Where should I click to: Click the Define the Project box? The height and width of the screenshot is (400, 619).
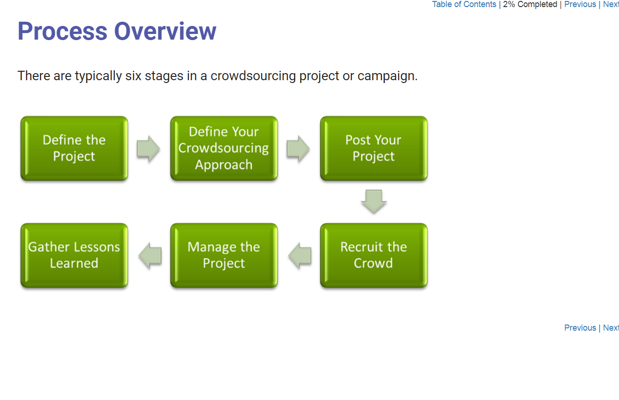tap(74, 148)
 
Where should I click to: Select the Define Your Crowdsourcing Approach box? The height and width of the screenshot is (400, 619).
tap(224, 148)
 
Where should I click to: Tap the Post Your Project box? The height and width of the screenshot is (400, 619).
tap(373, 148)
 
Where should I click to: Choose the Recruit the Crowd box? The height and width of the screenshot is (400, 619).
tap(373, 255)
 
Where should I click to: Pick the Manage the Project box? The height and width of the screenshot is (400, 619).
tap(224, 255)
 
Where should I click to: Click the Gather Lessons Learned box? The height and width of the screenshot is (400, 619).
tap(74, 255)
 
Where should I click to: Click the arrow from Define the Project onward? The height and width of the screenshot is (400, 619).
tap(148, 149)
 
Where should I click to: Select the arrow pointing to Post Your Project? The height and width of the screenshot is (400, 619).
tap(298, 149)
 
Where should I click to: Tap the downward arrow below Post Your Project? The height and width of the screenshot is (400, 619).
tap(373, 201)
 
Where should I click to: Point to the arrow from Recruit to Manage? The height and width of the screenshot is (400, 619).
tap(300, 256)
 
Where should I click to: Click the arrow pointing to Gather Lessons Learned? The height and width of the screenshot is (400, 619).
tap(150, 256)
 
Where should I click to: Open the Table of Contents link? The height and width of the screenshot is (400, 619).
tap(464, 4)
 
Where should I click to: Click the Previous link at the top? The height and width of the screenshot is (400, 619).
tap(580, 4)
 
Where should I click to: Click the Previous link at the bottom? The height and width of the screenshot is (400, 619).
tap(580, 328)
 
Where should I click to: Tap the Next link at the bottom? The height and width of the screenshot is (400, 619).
tap(611, 328)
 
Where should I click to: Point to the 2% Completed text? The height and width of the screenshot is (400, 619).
tap(530, 4)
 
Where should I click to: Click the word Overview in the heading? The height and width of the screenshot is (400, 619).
tap(165, 31)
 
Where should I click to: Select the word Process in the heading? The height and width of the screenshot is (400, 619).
tap(62, 31)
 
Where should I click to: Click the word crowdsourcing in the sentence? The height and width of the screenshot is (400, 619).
tap(253, 76)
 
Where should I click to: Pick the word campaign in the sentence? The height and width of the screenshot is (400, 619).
tap(388, 76)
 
